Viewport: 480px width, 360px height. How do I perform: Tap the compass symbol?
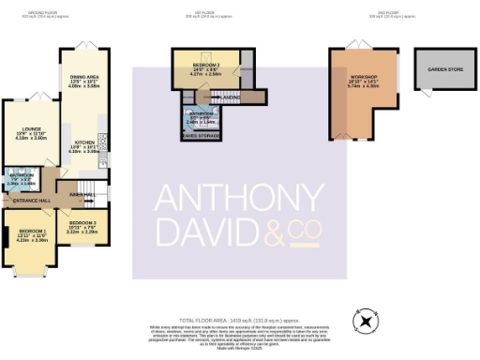367,321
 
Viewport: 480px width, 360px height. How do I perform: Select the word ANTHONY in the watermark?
238,201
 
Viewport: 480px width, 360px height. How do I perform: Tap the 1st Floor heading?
221,11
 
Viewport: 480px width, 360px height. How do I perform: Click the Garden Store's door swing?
424,92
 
